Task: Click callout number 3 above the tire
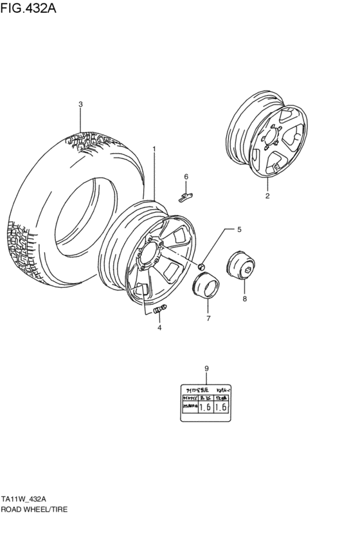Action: [80, 104]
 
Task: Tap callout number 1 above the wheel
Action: [154, 149]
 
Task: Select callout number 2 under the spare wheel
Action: [267, 195]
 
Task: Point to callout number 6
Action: [186, 176]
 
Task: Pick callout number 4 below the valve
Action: [159, 327]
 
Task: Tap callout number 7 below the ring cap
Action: [208, 318]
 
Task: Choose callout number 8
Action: [244, 299]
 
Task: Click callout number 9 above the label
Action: [206, 368]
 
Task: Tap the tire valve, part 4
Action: [160, 309]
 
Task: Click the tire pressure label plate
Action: [206, 402]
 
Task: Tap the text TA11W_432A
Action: [23, 499]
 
